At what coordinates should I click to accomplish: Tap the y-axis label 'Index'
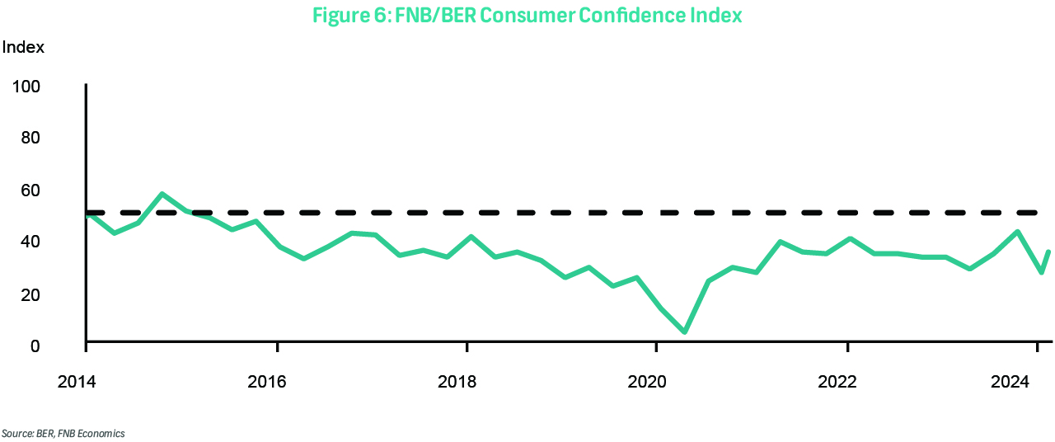point(23,47)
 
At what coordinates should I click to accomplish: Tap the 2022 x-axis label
point(837,383)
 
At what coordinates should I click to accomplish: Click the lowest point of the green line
point(685,332)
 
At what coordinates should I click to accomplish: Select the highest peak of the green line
point(162,194)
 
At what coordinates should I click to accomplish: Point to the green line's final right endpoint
point(1049,252)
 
